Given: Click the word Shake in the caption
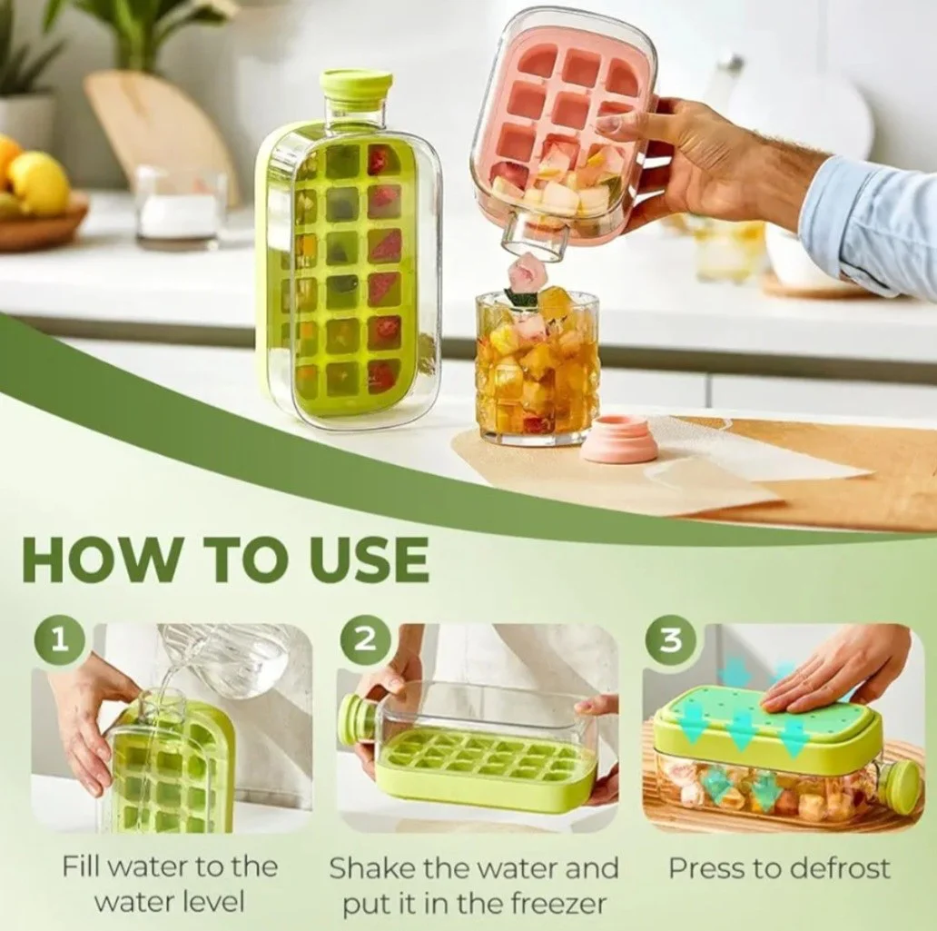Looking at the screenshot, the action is click(366, 867).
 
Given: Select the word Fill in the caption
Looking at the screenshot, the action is click(80, 867).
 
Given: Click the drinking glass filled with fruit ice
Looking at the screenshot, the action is click(536, 366).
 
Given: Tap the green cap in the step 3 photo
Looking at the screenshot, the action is click(902, 788).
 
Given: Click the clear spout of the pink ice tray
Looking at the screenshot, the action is click(534, 238).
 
